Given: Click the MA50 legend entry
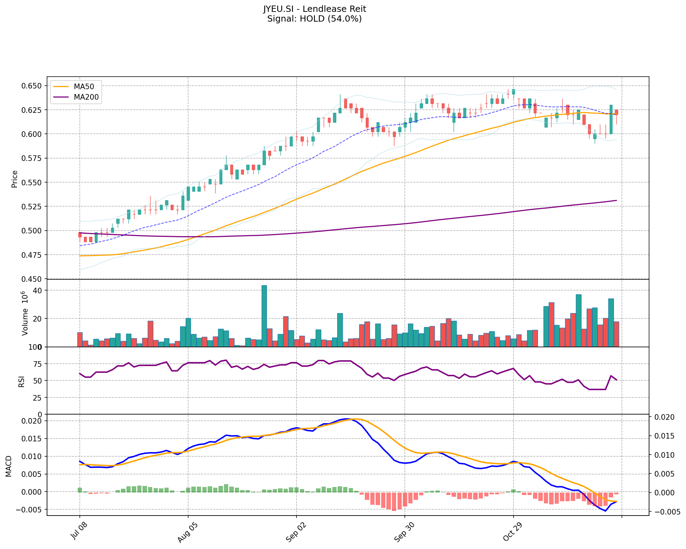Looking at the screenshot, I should click(84, 86).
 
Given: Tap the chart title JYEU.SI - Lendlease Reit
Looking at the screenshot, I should click(314, 9).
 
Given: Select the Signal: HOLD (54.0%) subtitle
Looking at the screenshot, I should click(314, 18).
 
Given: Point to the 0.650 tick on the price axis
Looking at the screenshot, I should click(32, 86).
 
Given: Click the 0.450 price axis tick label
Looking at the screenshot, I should click(32, 279).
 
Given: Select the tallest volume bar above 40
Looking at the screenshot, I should click(264, 316).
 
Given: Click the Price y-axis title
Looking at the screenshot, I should click(15, 179).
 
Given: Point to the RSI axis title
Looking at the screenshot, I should click(22, 381).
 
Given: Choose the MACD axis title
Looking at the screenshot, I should click(9, 466).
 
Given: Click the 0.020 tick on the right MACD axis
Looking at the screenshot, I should click(663, 417).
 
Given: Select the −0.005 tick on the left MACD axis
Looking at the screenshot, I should click(29, 510).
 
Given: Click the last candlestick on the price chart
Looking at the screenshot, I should click(616, 112).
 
